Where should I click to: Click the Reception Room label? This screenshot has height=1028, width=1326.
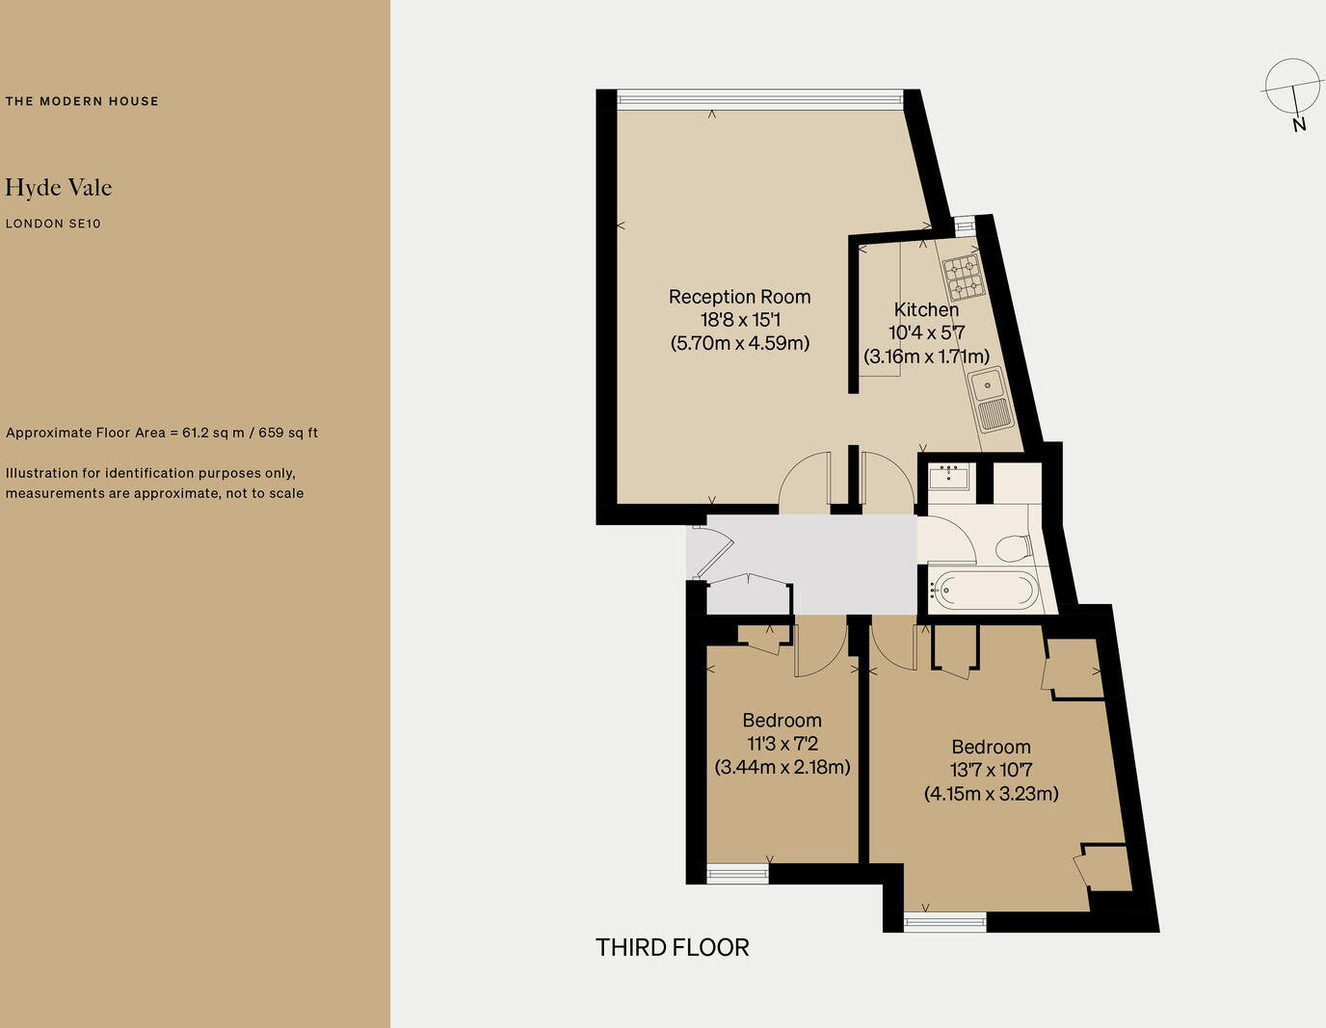(739, 297)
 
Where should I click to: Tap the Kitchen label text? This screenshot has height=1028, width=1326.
(926, 309)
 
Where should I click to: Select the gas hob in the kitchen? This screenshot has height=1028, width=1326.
(962, 276)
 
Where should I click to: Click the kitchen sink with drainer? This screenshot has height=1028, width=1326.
(991, 401)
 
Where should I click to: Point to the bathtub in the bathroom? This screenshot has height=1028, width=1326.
(983, 589)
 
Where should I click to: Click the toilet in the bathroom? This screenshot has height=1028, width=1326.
(1013, 548)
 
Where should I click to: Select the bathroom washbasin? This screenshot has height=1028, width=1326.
(949, 476)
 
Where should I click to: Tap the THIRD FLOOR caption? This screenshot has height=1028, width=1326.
(672, 947)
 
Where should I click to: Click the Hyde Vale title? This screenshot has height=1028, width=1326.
(59, 187)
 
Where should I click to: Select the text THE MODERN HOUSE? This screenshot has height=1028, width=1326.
(82, 101)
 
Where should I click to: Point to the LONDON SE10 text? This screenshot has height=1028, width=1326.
(53, 224)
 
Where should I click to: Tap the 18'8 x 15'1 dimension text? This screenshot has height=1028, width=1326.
(739, 320)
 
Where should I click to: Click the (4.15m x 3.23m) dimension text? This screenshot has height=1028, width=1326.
(991, 794)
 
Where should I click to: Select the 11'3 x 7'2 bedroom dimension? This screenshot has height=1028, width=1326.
(782, 744)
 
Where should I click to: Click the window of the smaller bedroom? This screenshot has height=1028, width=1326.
(737, 874)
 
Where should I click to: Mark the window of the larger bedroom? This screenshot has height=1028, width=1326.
(944, 922)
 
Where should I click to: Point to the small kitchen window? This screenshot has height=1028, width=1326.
(964, 225)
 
